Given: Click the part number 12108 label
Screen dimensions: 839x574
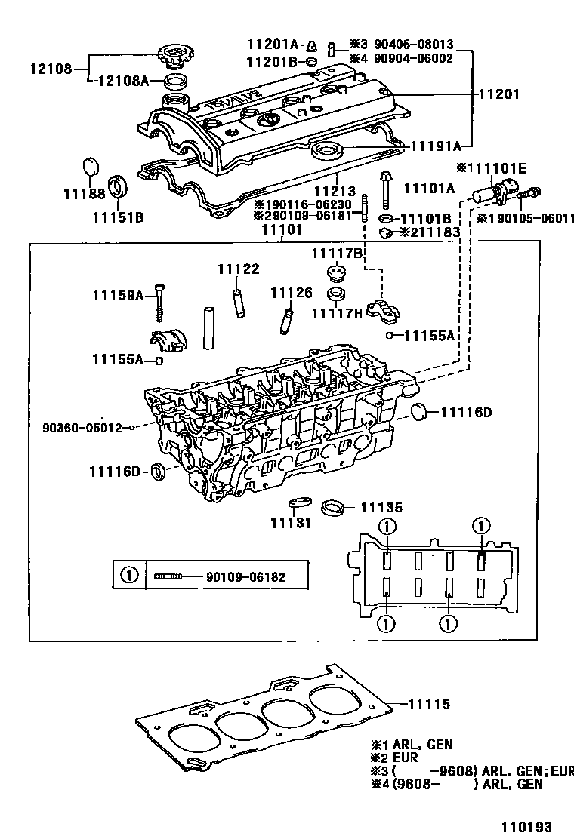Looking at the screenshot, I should (x=51, y=69).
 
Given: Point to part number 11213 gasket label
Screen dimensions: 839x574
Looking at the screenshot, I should (x=335, y=193).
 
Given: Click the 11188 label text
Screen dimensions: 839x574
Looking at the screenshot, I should (x=88, y=195).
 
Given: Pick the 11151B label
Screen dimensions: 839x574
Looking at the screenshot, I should (x=118, y=218).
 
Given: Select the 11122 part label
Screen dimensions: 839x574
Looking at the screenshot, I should (x=238, y=269).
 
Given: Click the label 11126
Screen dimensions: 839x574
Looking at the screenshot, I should (x=292, y=293).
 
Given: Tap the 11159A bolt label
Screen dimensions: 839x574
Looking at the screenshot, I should (x=118, y=296).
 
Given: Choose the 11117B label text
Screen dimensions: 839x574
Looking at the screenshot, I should (x=338, y=252).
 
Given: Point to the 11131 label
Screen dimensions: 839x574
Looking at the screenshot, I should (x=291, y=523).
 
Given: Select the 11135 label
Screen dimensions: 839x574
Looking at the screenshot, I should (x=381, y=509).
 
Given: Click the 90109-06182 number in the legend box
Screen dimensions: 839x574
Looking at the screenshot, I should (x=245, y=577).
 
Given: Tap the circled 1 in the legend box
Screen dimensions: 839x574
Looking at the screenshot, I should (x=128, y=576).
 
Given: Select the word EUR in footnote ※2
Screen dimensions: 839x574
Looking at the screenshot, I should (x=405, y=758).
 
